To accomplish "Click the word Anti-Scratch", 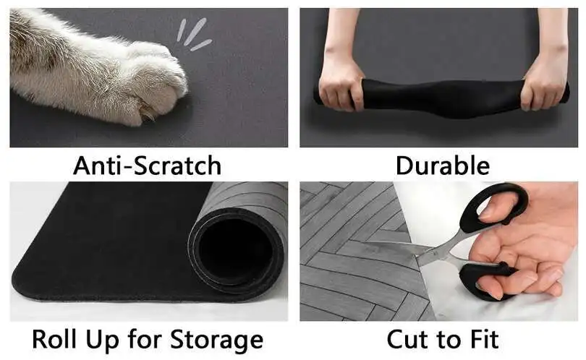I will point(147,166).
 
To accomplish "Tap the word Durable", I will point(442,166).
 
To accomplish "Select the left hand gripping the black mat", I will point(339,80).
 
